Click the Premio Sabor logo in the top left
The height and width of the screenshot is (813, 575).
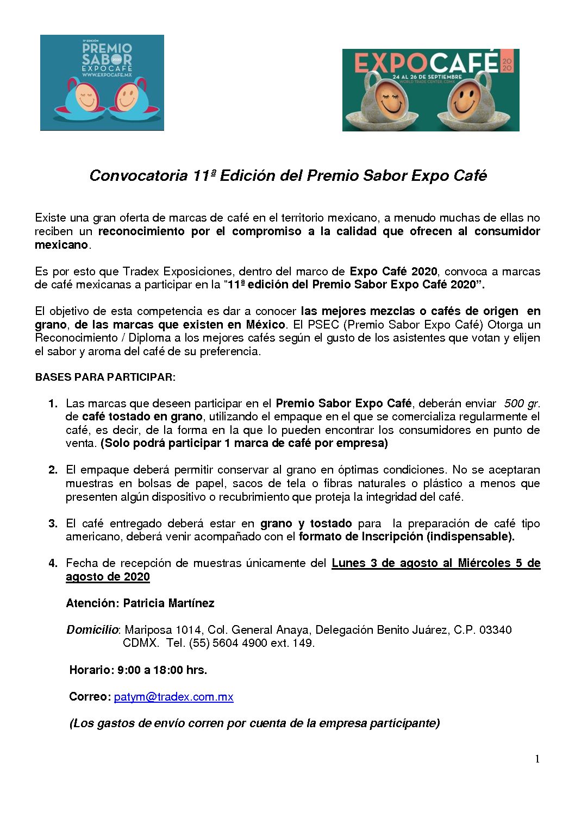click(102, 83)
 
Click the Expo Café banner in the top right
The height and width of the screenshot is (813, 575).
click(430, 90)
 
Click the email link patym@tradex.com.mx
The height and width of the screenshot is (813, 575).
click(173, 697)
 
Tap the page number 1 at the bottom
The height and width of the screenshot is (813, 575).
click(537, 759)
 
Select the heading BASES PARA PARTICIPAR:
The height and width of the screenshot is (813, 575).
click(105, 377)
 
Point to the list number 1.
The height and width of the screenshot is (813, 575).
click(53, 404)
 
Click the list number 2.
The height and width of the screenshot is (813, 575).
click(53, 470)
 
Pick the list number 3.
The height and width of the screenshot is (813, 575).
click(53, 524)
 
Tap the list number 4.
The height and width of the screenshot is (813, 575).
click(53, 563)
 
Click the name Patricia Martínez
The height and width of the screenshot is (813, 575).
click(168, 603)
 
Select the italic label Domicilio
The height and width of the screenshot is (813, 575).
click(92, 630)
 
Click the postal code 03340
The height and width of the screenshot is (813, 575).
click(495, 630)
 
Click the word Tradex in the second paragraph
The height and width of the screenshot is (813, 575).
click(141, 272)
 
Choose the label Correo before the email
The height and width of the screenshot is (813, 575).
click(90, 697)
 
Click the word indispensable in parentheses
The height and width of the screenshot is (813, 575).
click(470, 537)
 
